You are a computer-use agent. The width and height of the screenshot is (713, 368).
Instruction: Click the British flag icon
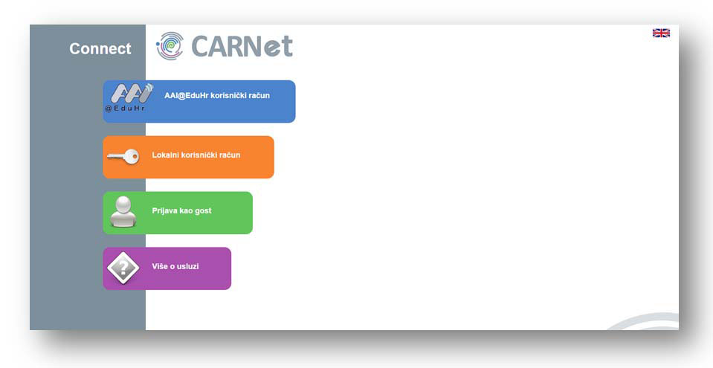pos(661,33)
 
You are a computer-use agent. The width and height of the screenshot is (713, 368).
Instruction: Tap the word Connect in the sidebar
pos(100,48)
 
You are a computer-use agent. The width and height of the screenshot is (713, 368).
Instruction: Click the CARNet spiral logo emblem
pos(170,46)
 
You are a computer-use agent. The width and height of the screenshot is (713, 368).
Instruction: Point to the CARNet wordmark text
pos(242,46)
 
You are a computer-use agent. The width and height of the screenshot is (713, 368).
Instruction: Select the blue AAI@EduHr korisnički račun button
pos(199,101)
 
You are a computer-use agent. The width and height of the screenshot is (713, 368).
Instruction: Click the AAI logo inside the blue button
pos(132,93)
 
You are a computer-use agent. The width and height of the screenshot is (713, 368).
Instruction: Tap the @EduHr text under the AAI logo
pos(125,109)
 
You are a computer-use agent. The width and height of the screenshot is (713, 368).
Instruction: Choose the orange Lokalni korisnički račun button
pos(188,157)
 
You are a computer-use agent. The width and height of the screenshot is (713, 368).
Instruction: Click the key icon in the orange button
pos(123,157)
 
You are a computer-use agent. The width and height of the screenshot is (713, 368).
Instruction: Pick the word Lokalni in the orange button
pos(166,155)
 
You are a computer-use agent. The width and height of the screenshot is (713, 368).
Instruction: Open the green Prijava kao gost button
pos(178,213)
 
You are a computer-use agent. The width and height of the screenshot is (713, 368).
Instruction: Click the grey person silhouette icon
pos(123,212)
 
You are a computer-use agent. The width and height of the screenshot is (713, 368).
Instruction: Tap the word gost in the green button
pos(203,212)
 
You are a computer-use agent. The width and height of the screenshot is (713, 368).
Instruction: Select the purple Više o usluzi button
pos(167,268)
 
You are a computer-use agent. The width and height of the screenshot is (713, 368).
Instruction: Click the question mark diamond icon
pos(123,268)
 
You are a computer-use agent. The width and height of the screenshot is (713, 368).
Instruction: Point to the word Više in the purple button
pos(160,267)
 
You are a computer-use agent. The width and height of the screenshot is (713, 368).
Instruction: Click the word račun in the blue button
pos(259,95)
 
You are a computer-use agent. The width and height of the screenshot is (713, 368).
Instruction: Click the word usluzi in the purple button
pos(188,267)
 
